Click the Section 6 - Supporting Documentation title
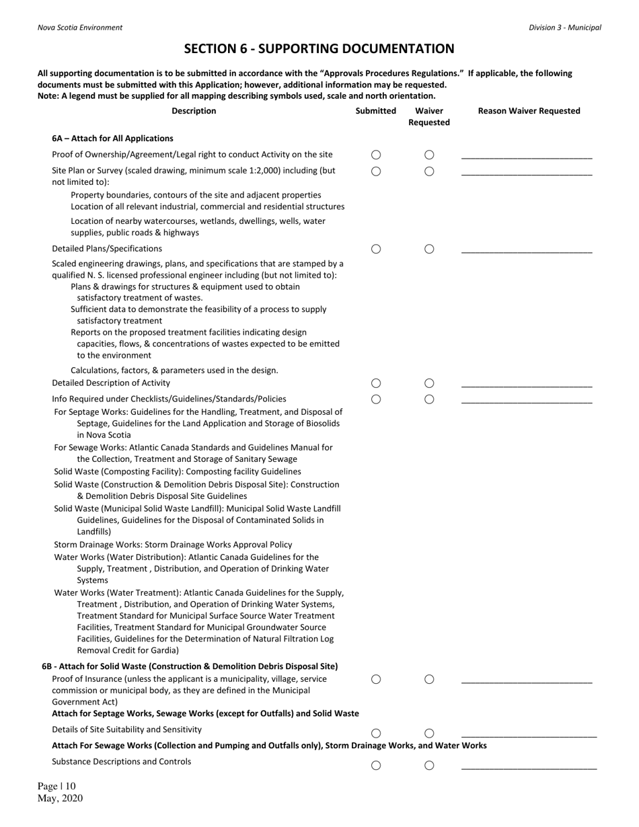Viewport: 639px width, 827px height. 319,48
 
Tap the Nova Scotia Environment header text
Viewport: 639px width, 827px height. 80,28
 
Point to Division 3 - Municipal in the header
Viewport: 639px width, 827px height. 564,28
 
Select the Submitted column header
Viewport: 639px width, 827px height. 375,111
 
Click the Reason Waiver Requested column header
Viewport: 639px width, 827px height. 529,111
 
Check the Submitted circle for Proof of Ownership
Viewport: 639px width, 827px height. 376,155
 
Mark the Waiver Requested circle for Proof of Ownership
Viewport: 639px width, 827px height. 429,155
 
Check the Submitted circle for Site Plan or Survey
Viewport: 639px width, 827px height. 376,171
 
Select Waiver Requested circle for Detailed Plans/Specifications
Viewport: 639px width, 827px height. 429,249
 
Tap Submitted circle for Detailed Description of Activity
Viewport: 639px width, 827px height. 376,383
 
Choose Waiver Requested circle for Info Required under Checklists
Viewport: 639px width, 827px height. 429,399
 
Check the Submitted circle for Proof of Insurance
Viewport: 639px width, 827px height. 376,679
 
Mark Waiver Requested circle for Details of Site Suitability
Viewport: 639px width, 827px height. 429,733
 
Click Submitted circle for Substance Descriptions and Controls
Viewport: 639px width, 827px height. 376,765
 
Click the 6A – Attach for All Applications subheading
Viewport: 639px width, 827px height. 112,139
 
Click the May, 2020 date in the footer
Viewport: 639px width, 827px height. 60,798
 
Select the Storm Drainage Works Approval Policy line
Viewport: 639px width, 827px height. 173,545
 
